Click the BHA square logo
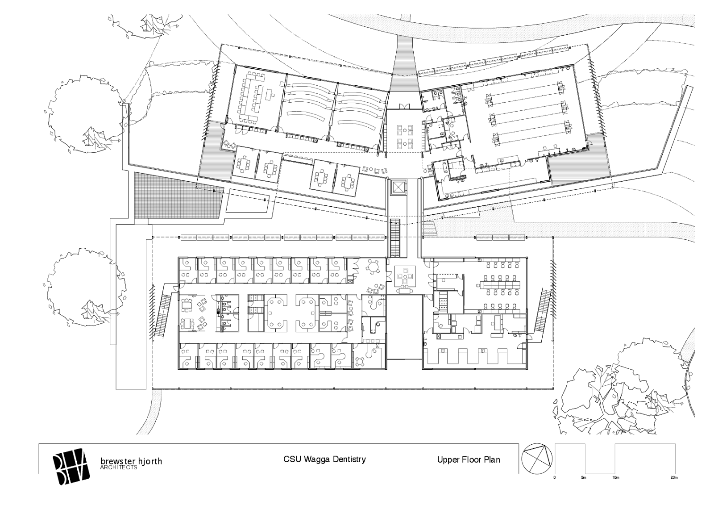pyautogui.click(x=71, y=467)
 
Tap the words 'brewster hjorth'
pyautogui.click(x=131, y=461)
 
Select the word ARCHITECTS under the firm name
pyautogui.click(x=119, y=467)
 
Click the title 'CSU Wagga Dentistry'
pyautogui.click(x=324, y=459)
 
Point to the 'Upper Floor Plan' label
pyautogui.click(x=468, y=460)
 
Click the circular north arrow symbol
pyautogui.click(x=537, y=459)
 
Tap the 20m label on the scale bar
pyautogui.click(x=674, y=478)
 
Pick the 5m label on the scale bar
pyautogui.click(x=583, y=478)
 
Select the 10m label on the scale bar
pyautogui.click(x=615, y=478)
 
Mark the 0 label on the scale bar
pyautogui.click(x=555, y=478)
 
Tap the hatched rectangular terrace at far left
pyautogui.click(x=178, y=195)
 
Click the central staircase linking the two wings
pyautogui.click(x=395, y=238)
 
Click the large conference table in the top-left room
pyautogui.click(x=255, y=98)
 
